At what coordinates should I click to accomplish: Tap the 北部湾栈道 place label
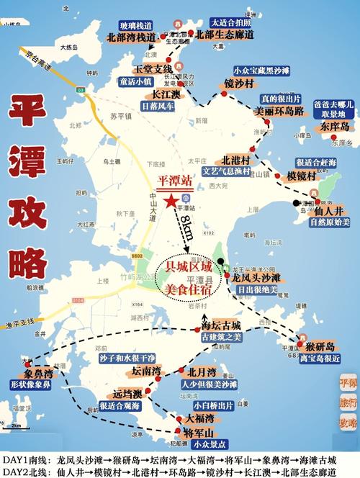click(x=131, y=36)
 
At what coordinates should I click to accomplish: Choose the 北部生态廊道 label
click(x=220, y=35)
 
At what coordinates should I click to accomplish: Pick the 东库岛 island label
click(x=335, y=126)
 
